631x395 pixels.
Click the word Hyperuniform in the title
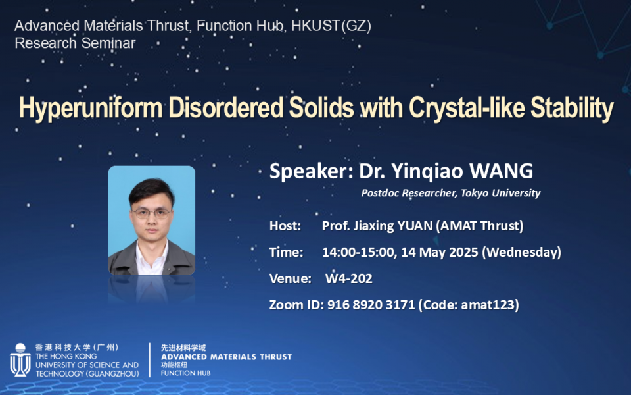[x=91, y=108]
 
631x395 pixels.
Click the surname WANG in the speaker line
[x=501, y=171]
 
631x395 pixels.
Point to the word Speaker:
[x=312, y=171]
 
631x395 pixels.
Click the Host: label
[x=285, y=226]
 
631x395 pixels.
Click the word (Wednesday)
[x=521, y=252]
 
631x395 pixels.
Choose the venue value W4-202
[x=349, y=278]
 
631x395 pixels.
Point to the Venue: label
[x=291, y=278]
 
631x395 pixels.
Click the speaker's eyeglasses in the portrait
[x=152, y=213]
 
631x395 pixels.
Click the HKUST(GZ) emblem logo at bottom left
[x=20, y=360]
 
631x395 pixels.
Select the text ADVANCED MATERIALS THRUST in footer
[x=226, y=357]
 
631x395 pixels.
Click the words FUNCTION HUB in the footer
[x=185, y=373]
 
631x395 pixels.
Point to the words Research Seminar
[x=75, y=43]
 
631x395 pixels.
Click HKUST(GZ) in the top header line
[x=331, y=26]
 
